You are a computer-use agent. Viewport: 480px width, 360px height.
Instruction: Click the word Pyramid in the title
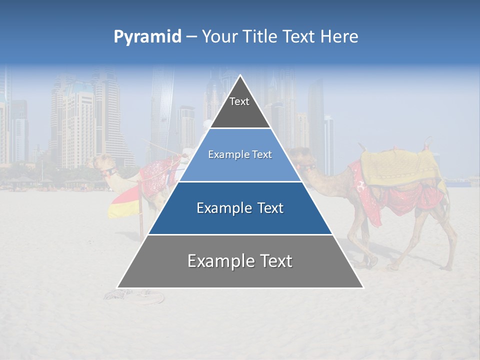(x=147, y=37)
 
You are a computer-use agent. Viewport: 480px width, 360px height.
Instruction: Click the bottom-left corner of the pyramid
(x=118, y=287)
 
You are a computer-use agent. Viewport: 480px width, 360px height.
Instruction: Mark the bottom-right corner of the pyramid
(x=362, y=287)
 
